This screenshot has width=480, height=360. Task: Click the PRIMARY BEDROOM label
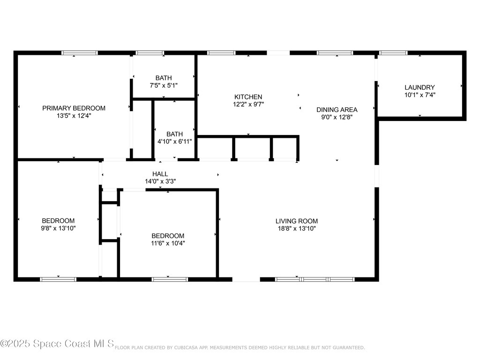tap(74, 108)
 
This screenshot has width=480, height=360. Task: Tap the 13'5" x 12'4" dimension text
tap(74, 115)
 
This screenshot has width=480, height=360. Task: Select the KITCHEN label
tap(248, 97)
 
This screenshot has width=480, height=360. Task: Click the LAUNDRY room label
tap(420, 87)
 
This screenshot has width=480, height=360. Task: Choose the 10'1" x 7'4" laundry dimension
tap(420, 95)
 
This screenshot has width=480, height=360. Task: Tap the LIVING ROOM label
tap(296, 221)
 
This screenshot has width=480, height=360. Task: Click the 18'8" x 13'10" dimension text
tap(296, 228)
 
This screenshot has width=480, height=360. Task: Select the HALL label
tap(160, 174)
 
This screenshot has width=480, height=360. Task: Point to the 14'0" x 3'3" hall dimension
tap(160, 181)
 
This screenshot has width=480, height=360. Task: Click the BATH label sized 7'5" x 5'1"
tap(164, 78)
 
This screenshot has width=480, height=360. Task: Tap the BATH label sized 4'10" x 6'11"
tap(174, 134)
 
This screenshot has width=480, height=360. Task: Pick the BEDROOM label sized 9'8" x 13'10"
tap(58, 221)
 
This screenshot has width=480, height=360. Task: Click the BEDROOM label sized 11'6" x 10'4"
tap(167, 236)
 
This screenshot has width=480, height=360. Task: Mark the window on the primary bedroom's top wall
tap(80, 53)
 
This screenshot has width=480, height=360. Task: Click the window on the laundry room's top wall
tap(393, 53)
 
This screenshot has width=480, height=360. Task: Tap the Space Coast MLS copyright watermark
tap(57, 344)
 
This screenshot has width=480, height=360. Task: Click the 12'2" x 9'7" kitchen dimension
tap(248, 105)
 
